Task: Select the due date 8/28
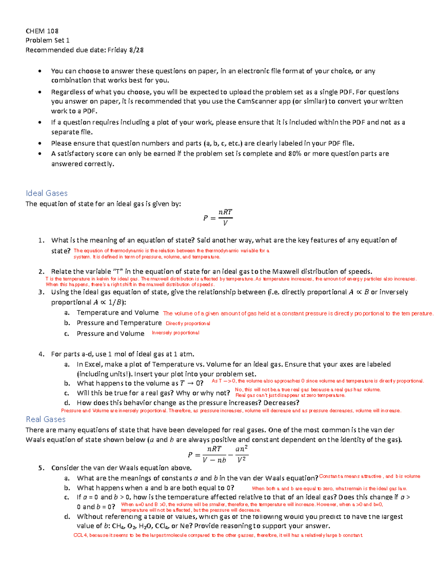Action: tap(136, 50)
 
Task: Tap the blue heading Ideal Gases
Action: tap(47, 193)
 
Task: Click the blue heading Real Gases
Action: tap(45, 419)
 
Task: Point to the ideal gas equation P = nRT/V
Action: tap(218, 218)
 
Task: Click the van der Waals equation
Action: tap(218, 454)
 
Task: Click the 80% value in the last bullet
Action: tap(295, 154)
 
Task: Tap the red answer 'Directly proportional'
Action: tap(187, 324)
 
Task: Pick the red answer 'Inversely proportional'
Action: tap(175, 333)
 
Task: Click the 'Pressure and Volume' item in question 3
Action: tap(110, 334)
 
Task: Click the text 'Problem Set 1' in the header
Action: tap(47, 40)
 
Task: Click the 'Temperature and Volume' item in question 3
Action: tap(118, 313)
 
